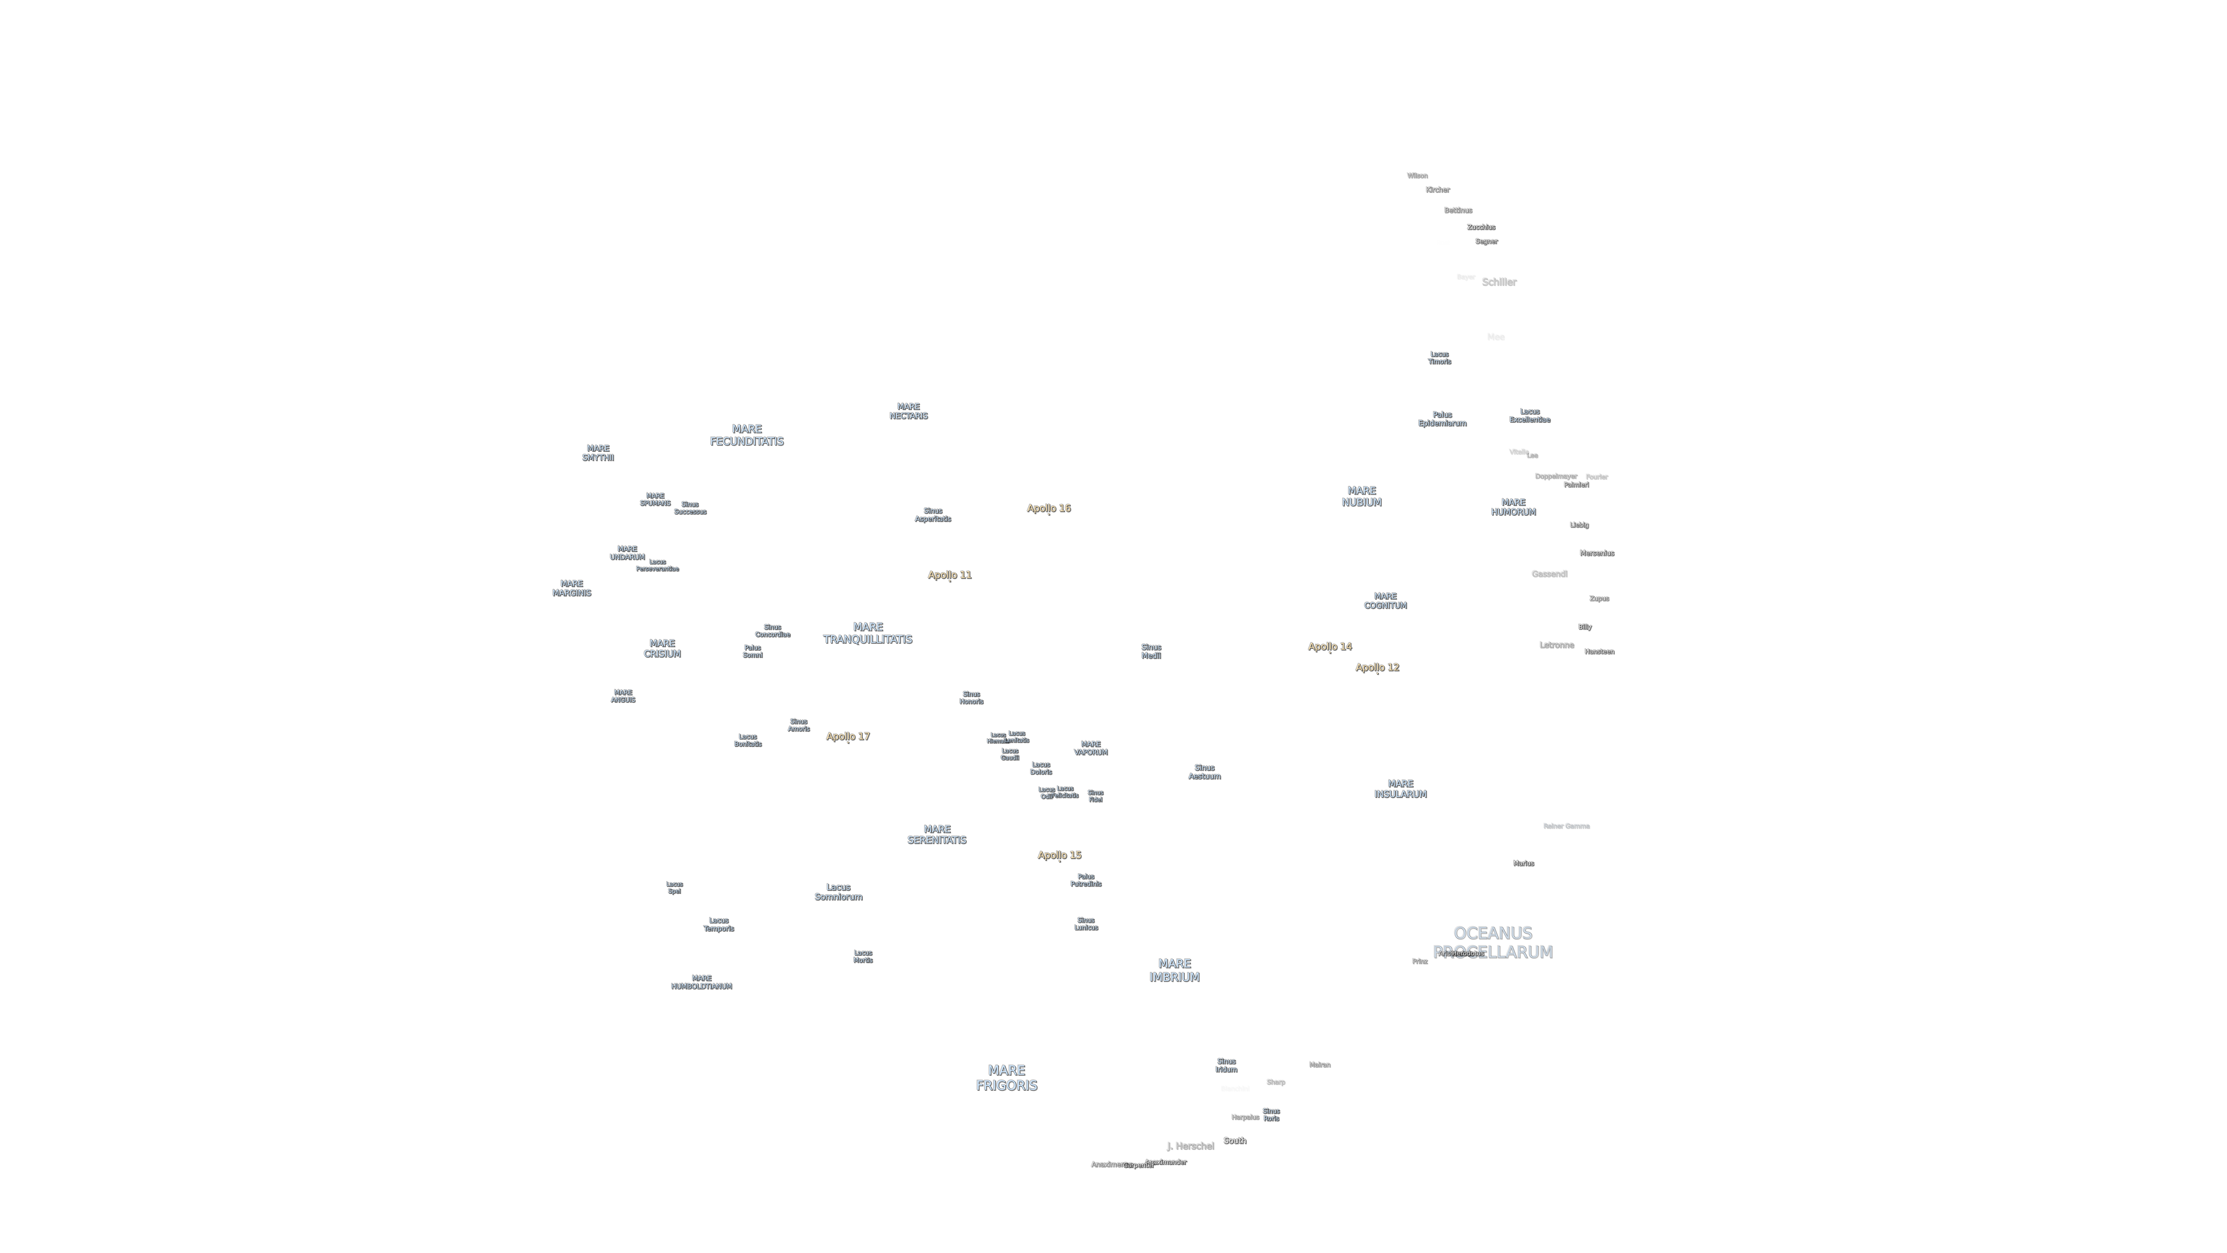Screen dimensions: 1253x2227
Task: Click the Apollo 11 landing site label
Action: (x=949, y=574)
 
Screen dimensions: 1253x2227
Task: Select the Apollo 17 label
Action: (x=847, y=736)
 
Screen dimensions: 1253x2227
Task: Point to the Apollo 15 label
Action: (x=1059, y=854)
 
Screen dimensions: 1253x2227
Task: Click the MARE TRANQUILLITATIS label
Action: (x=867, y=633)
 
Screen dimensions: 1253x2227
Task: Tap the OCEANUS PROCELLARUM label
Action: (x=1492, y=942)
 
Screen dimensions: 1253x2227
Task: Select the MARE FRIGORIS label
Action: (x=1006, y=1077)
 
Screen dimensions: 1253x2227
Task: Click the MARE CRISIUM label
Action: (x=662, y=649)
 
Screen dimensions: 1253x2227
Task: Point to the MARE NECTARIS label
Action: (x=908, y=411)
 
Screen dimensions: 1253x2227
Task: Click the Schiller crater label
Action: (x=1498, y=282)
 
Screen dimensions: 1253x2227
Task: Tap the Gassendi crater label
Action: (x=1548, y=573)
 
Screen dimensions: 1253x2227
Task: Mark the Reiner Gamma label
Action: (x=1565, y=826)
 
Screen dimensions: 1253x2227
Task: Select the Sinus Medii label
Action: (x=1151, y=651)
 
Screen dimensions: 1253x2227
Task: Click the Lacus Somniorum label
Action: (x=838, y=891)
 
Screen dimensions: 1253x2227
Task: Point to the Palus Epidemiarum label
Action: (x=1441, y=418)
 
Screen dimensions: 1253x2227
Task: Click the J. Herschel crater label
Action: (x=1190, y=1146)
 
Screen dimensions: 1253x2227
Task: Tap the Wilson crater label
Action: (x=1417, y=176)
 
